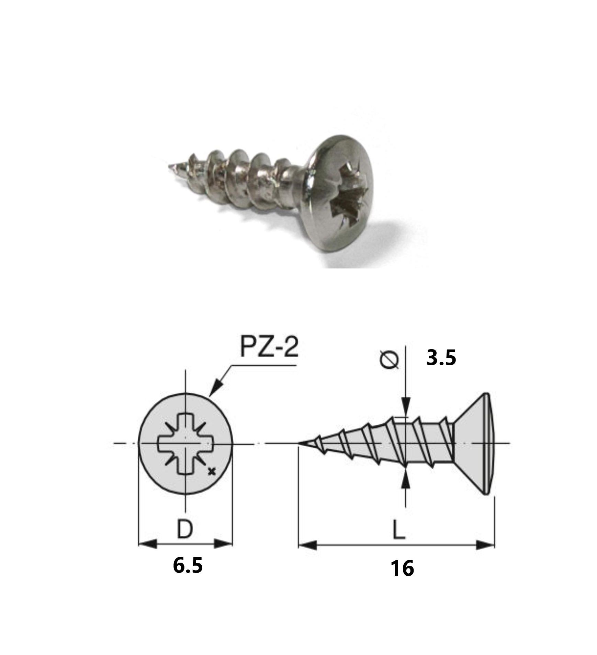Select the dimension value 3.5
441,358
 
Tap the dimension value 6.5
188,565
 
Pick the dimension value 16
402,568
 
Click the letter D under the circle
185,529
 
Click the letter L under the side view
399,530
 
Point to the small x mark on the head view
212,472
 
